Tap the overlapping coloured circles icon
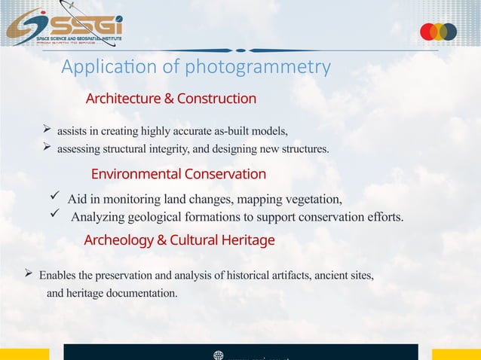(x=438, y=32)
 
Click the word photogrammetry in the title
(x=258, y=67)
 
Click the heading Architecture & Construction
(x=171, y=99)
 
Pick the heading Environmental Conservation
(x=178, y=174)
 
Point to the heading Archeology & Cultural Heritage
(x=179, y=240)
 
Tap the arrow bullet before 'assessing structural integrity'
(x=47, y=147)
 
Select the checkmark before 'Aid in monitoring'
(x=54, y=197)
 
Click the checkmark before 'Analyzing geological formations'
(x=54, y=216)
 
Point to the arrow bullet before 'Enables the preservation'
(x=29, y=274)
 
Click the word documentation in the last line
(x=144, y=293)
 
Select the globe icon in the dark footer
(x=219, y=355)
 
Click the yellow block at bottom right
(x=456, y=354)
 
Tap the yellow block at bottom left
(x=24, y=354)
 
